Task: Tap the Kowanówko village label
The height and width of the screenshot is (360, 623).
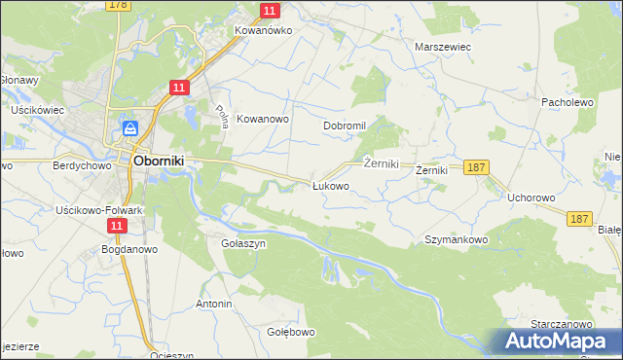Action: (x=263, y=30)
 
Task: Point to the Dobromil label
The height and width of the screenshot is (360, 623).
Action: (x=344, y=126)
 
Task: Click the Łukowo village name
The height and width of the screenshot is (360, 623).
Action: (x=330, y=186)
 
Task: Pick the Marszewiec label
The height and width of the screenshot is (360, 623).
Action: (x=443, y=46)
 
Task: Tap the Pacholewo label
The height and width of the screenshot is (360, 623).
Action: (x=568, y=101)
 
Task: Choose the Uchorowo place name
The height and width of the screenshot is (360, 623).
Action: (x=531, y=198)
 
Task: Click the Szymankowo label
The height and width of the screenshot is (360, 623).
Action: (x=456, y=239)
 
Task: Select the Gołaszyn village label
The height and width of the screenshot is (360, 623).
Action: (x=243, y=244)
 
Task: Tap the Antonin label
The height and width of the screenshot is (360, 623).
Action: (x=214, y=304)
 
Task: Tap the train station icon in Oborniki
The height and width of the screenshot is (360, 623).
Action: (x=130, y=128)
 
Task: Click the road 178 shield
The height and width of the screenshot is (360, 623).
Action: (x=118, y=5)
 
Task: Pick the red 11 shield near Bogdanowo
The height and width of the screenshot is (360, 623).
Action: (x=117, y=226)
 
